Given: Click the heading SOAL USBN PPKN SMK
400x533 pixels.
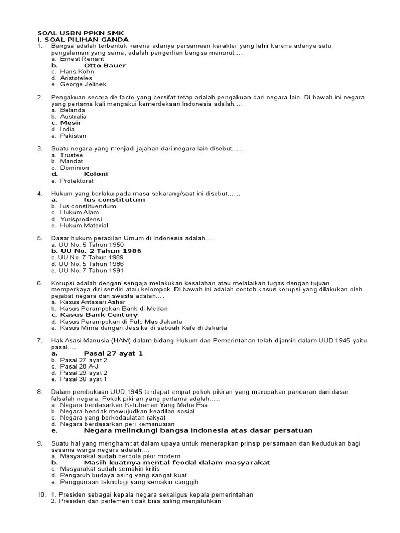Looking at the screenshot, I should click(x=80, y=33).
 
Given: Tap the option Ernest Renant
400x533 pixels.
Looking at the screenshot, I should click(x=82, y=59).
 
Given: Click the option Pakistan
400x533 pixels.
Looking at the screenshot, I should click(x=73, y=136).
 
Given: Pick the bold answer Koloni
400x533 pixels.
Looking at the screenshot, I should click(x=96, y=174).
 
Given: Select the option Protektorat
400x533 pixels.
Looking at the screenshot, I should click(x=77, y=181).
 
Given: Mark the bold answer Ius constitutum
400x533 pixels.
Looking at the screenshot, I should click(x=114, y=200).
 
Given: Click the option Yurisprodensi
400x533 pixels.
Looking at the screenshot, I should click(x=80, y=219).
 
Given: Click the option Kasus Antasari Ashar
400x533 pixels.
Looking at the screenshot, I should click(x=92, y=302).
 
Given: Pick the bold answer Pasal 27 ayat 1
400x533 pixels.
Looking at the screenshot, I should click(x=113, y=353).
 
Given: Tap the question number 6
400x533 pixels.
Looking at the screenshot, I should click(x=39, y=283).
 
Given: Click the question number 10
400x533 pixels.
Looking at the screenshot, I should click(x=41, y=494).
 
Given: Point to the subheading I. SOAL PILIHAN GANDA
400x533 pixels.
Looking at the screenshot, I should click(x=82, y=40).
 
